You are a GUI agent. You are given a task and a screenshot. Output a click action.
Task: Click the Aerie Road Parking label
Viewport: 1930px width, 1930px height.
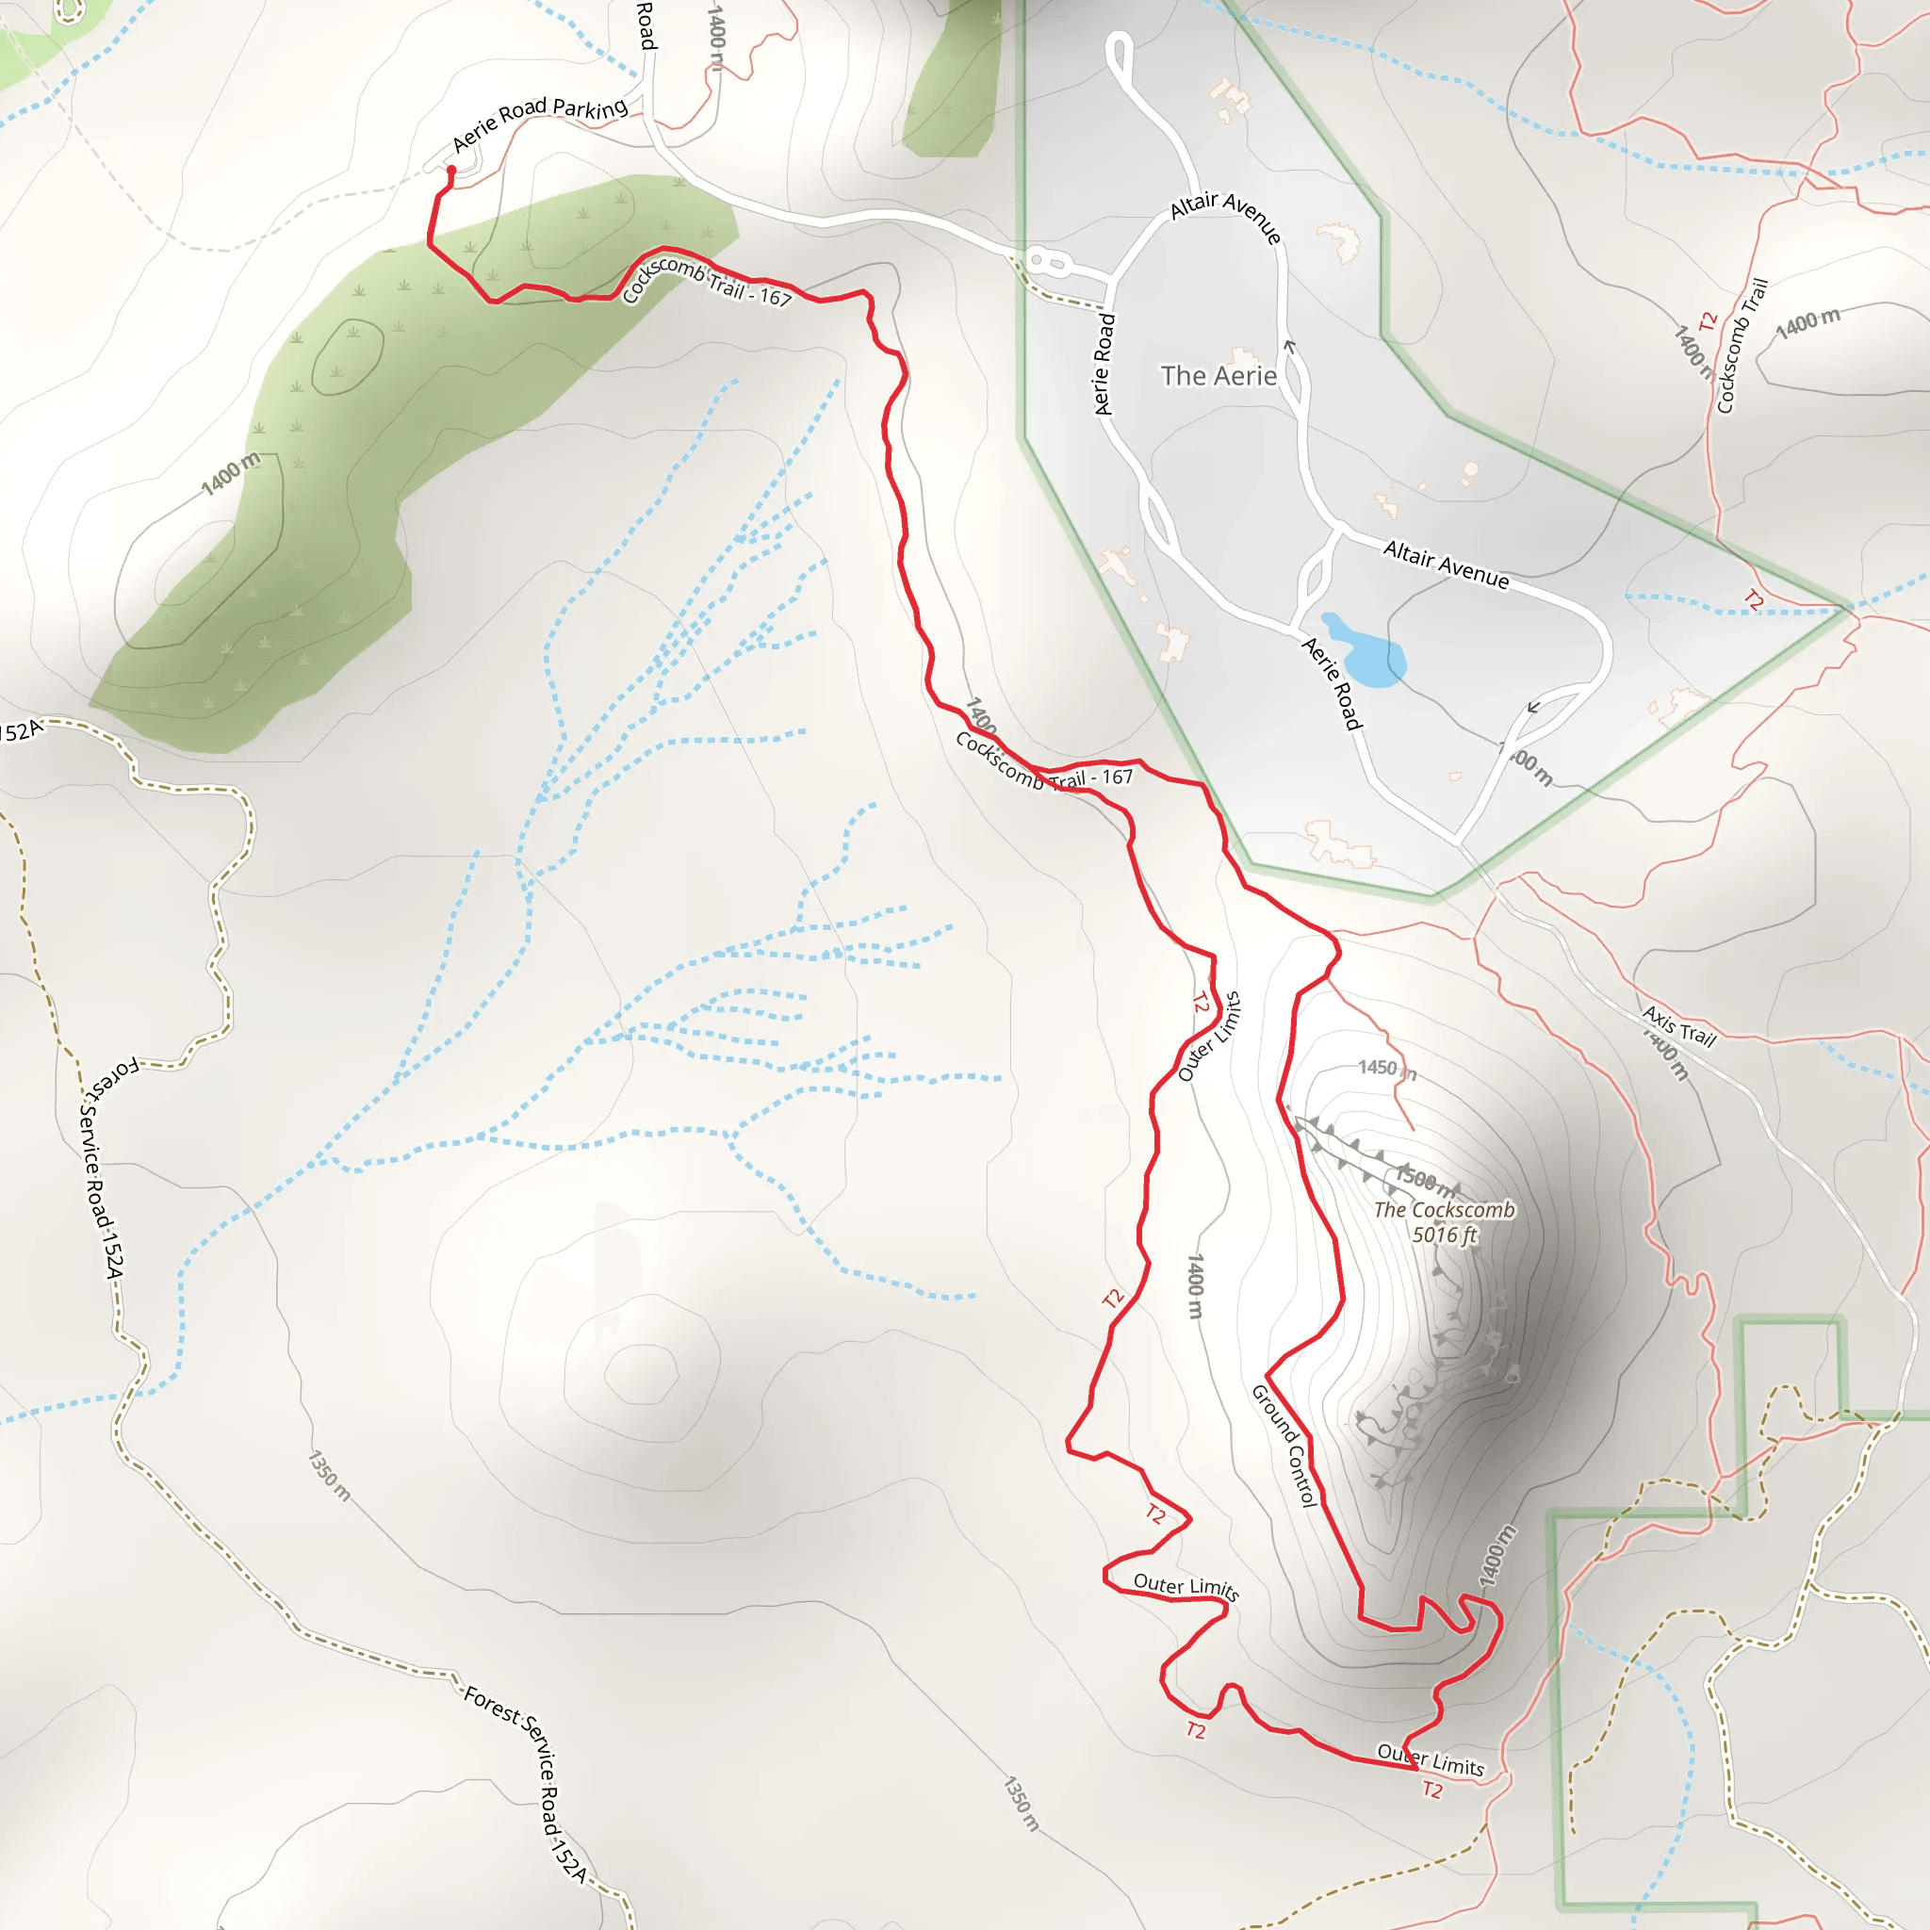(539, 123)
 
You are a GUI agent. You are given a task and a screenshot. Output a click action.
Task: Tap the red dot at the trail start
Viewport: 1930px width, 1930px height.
(451, 171)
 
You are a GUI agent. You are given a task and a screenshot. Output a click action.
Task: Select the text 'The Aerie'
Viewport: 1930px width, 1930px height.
(1219, 376)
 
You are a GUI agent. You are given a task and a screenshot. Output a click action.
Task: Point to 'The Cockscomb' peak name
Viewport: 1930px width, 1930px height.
(1445, 1210)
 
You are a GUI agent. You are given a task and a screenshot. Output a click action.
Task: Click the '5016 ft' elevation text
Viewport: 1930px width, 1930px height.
(1445, 1235)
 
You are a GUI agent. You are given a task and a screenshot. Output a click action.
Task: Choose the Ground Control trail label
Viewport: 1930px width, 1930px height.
(1285, 1445)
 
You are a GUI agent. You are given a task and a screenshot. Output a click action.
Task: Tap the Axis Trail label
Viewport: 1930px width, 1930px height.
(1679, 1026)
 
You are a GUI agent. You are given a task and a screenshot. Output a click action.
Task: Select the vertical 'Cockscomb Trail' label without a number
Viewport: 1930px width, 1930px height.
(1742, 346)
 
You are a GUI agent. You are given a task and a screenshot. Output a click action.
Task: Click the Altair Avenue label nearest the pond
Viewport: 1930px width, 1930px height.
(1446, 564)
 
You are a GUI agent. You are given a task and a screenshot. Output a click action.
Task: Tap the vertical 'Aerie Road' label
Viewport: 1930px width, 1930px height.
(1104, 364)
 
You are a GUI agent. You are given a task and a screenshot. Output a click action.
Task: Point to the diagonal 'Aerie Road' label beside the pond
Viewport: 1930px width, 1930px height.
(1332, 683)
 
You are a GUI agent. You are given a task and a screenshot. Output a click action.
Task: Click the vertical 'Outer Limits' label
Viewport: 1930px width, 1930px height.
(1210, 1037)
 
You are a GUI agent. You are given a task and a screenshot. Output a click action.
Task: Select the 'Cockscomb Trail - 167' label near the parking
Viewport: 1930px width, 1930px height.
(706, 281)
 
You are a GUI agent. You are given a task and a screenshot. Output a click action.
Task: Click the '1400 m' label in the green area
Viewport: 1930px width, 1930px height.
(231, 473)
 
